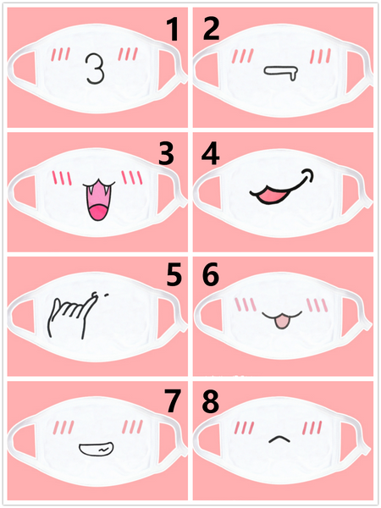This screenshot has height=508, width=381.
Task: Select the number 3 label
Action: pyautogui.click(x=166, y=153)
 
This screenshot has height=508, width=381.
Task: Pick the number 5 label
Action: pyautogui.click(x=174, y=276)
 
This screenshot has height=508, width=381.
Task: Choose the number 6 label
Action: pyautogui.click(x=211, y=276)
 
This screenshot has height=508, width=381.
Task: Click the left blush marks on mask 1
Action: pyautogui.click(x=59, y=56)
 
